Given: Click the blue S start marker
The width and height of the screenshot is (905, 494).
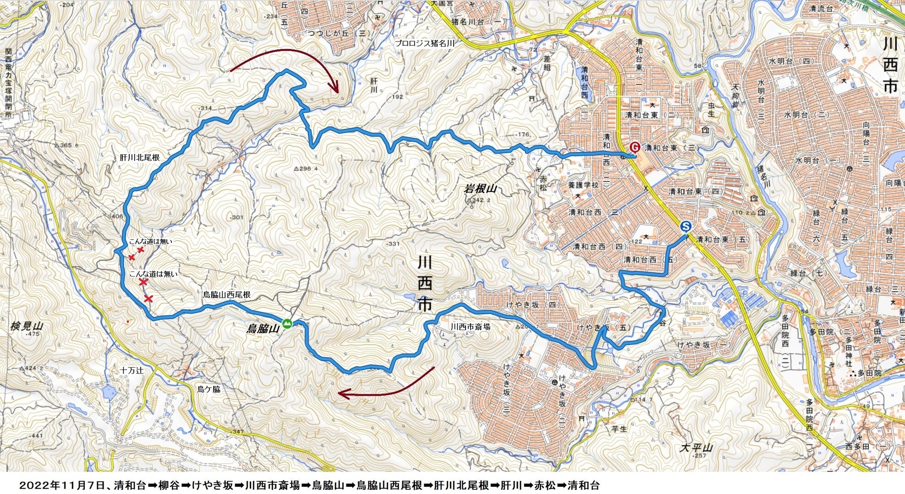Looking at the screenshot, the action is coord(686,226).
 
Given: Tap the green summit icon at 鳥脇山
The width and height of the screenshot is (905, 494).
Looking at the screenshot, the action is coord(287,324).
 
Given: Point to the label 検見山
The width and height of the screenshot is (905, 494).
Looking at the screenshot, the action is coord(27,326).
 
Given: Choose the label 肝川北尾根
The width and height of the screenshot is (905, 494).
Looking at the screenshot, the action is coord(140,157).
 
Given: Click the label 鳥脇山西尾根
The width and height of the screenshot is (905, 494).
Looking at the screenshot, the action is coord(227,295).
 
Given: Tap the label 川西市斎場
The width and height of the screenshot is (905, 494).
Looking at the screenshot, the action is coord(471,327).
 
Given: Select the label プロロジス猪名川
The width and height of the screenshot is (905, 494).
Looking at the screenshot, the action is coord(425,43).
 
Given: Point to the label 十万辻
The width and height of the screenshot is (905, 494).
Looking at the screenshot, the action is coord(132,370).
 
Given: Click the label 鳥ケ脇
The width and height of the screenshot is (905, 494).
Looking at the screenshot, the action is coord(208,389).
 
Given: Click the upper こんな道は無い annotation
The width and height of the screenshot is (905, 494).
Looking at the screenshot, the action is coord(150,241).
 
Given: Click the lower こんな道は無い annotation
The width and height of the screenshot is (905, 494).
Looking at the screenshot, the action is coord(153,274).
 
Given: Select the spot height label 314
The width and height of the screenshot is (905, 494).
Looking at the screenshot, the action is coord(204,108).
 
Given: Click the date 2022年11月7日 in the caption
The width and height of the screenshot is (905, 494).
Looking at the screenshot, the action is coord(62,485).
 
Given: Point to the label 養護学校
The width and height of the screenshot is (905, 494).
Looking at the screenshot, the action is coord(583,185).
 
